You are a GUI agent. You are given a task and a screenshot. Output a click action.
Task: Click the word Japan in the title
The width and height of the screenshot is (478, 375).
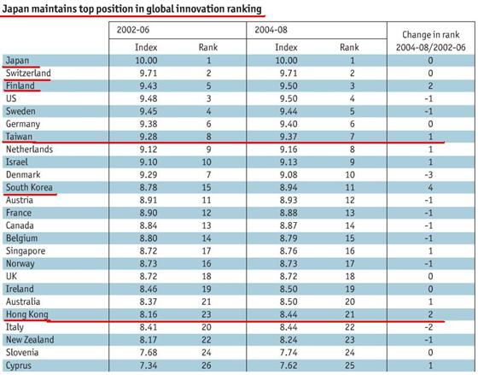(15, 9)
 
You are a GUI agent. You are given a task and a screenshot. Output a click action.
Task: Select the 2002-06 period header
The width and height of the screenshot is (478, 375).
(133, 30)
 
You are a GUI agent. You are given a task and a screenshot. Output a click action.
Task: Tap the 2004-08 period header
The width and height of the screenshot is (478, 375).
(271, 30)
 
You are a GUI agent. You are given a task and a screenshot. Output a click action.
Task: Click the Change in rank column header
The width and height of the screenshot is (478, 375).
(431, 41)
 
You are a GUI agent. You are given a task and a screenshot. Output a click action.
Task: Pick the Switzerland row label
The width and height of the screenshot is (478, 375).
(28, 73)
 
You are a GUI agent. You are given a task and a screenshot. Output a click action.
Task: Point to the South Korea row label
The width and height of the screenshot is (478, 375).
(29, 187)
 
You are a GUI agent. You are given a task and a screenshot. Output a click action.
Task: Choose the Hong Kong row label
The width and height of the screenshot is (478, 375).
(27, 314)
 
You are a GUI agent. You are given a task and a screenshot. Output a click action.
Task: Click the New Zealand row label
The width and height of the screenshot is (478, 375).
(30, 340)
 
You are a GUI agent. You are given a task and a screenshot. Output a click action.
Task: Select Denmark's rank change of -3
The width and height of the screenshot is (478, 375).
(428, 175)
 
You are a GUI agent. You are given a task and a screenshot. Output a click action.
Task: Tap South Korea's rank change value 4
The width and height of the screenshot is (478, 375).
(430, 187)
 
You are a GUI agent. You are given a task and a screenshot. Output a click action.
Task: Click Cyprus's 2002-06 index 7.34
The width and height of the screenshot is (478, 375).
(149, 366)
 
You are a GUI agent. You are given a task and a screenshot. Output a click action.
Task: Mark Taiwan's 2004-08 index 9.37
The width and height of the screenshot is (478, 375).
(289, 137)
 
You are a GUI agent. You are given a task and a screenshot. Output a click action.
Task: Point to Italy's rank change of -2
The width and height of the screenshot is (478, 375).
(428, 327)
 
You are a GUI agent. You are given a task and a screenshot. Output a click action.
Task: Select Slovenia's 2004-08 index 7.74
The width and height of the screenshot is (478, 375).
(289, 353)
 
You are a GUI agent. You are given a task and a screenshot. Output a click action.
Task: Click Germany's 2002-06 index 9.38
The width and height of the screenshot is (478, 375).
(149, 124)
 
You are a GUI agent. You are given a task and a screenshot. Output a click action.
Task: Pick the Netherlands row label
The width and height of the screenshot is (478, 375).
(29, 149)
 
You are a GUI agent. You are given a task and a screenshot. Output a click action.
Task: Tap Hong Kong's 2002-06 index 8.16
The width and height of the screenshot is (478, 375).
(149, 314)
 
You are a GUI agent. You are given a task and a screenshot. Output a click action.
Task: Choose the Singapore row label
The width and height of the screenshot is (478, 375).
(26, 251)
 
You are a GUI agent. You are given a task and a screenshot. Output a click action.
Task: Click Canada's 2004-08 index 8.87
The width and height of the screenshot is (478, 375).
(289, 226)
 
